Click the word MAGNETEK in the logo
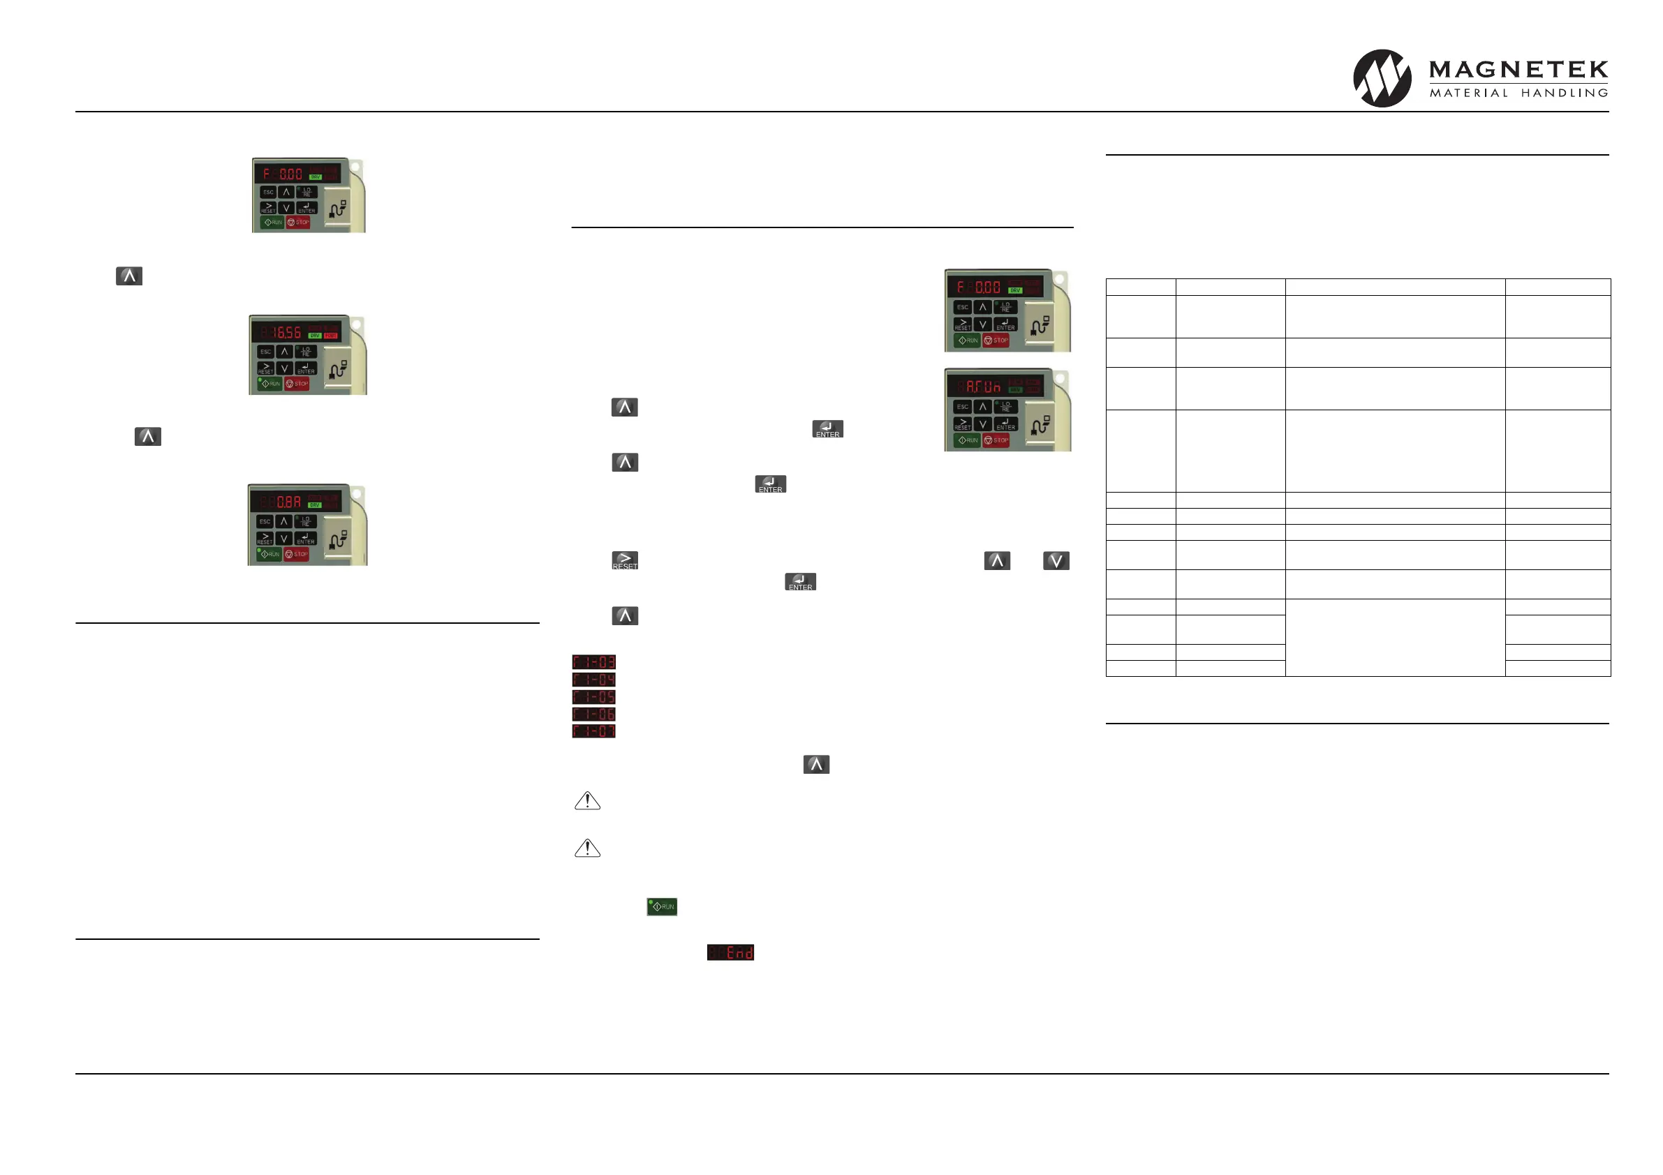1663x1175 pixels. click(1518, 70)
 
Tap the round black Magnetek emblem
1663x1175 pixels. click(1382, 78)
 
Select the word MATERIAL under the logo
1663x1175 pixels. click(1468, 93)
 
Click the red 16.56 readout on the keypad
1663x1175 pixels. click(287, 332)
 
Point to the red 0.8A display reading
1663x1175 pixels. click(288, 502)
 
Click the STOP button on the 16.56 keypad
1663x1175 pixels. click(297, 384)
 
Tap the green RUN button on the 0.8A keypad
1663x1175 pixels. click(270, 554)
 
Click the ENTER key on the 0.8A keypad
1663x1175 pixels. click(306, 539)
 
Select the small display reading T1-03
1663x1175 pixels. click(593, 661)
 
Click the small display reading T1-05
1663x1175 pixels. click(593, 696)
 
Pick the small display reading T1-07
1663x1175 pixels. click(593, 731)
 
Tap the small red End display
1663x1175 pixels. click(730, 952)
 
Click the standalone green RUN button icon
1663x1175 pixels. click(662, 906)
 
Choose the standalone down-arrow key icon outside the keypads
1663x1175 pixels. click(1056, 560)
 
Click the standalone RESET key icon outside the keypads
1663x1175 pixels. click(624, 561)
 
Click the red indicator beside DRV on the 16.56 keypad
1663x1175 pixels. click(331, 335)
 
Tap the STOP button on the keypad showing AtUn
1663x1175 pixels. click(996, 440)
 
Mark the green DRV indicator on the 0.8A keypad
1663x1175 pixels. click(314, 504)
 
